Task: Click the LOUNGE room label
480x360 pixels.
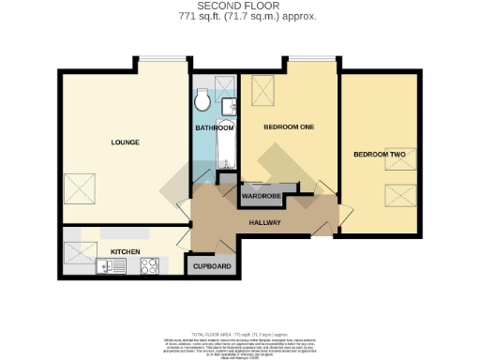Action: tap(125, 142)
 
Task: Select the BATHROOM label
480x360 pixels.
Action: tap(214, 127)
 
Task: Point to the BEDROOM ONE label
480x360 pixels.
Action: tap(287, 127)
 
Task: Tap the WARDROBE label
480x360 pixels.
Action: tap(262, 196)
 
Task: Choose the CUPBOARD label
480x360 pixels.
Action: tap(213, 266)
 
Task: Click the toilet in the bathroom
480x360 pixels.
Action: tap(202, 97)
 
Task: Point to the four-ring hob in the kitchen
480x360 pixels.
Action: tap(148, 266)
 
